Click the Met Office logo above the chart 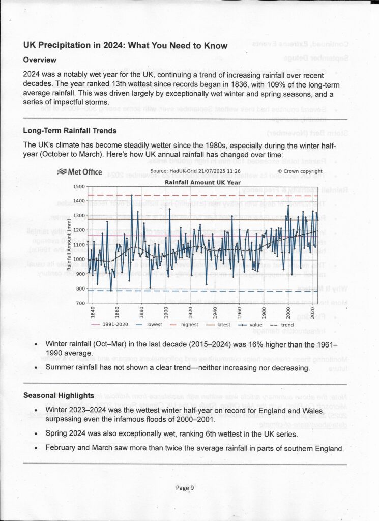80,172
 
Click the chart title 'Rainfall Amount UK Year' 202,182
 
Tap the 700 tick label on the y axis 80,304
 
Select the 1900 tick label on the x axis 166,312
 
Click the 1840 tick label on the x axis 93,312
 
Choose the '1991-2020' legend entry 116,324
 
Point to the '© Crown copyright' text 300,172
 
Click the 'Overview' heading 40,60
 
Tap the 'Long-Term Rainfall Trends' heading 70,131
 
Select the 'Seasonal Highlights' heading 59,395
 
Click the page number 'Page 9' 185,488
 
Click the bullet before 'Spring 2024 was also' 35,433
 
